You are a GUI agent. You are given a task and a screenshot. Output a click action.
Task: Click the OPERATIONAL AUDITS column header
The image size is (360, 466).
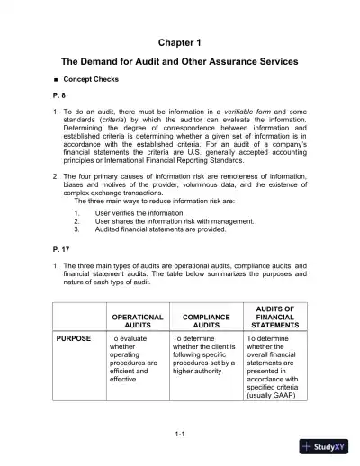136,322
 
